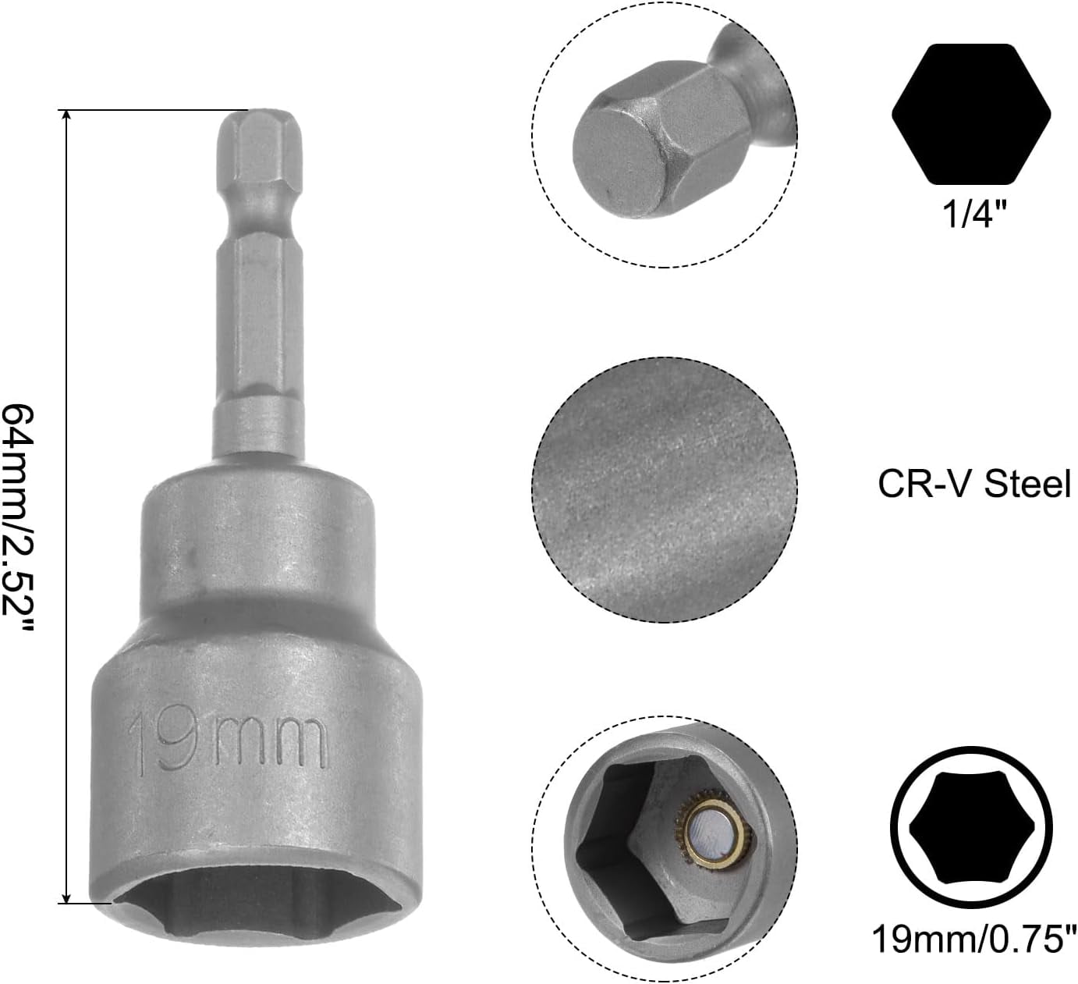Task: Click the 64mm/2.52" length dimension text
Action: tap(19, 519)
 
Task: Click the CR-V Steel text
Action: tap(974, 484)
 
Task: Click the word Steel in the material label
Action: tap(1027, 484)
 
